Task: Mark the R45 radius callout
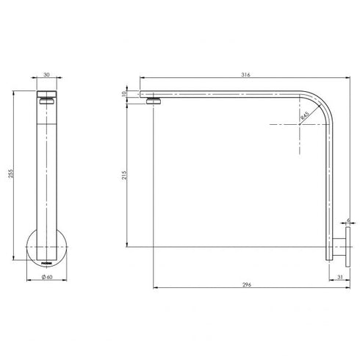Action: coord(305,115)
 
